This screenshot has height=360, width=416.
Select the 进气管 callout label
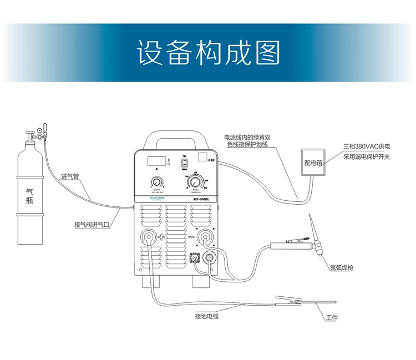(x=70, y=178)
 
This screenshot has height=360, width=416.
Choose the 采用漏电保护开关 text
(x=367, y=157)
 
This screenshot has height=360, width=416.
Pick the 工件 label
(x=332, y=318)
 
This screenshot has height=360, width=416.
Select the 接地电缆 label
(x=207, y=317)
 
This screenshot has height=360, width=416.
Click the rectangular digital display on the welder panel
(x=155, y=161)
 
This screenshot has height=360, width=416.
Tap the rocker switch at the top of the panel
(x=185, y=163)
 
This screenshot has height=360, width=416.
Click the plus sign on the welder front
(x=162, y=237)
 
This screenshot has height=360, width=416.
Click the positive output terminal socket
(x=149, y=237)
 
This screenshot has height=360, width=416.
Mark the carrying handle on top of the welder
(x=173, y=137)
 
